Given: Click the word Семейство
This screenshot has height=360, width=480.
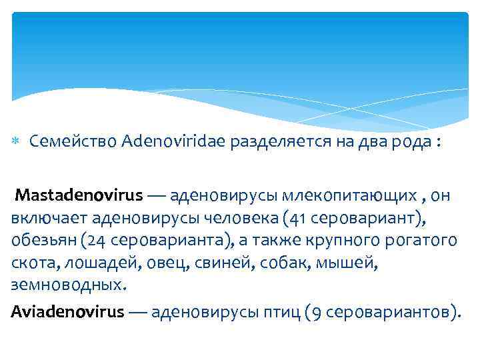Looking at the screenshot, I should click(x=74, y=141).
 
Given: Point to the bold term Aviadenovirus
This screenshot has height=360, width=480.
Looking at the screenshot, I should click(x=67, y=311).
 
